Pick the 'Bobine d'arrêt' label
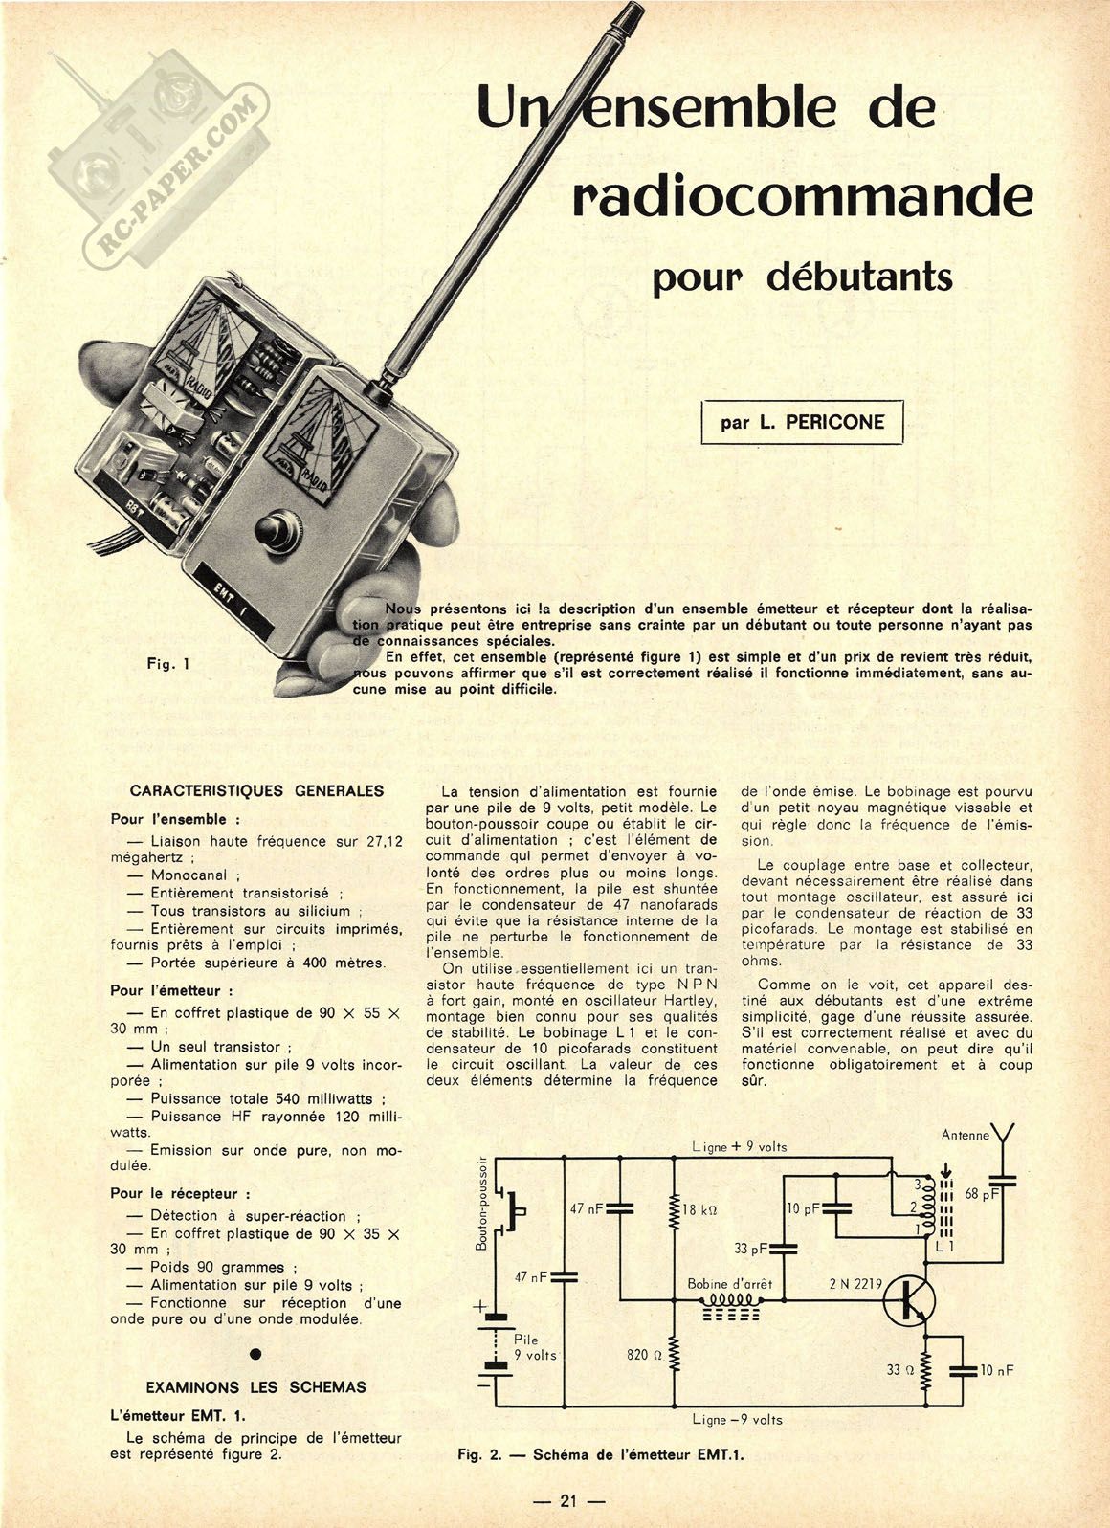729,1284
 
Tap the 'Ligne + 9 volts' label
740,1146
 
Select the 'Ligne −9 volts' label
738,1420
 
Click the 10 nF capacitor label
996,1370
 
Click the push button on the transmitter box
278,528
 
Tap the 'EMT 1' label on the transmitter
225,604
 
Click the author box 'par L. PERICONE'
803,422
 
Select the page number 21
568,1500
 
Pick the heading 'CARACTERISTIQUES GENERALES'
256,791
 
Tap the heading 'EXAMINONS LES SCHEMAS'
255,1386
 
